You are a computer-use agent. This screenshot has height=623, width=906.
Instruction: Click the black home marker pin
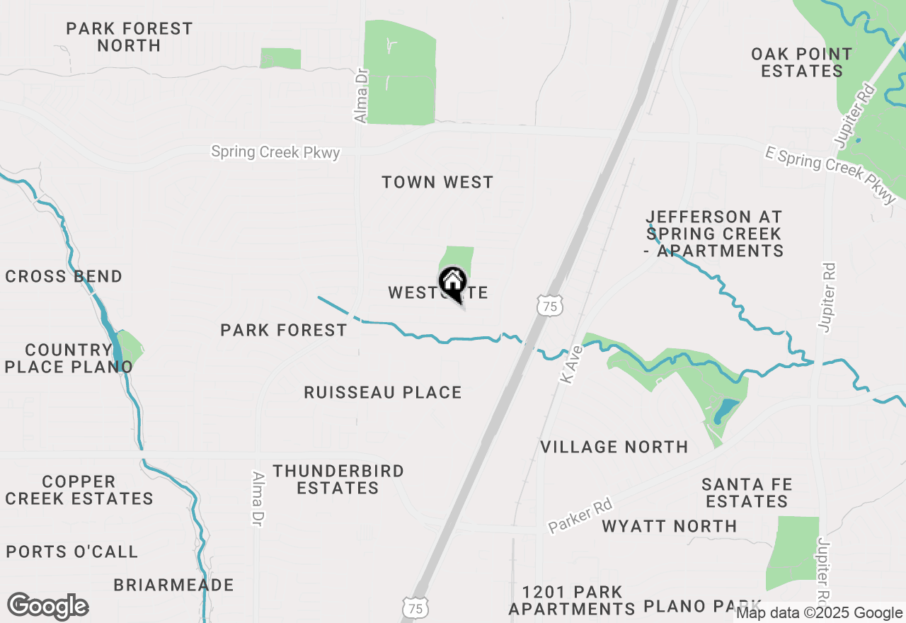[x=453, y=284]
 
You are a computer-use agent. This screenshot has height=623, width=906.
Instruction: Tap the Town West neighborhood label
[x=437, y=183]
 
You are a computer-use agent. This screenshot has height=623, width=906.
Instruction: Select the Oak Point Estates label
[x=801, y=62]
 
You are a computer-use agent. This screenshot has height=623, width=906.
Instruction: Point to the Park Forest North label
[x=130, y=37]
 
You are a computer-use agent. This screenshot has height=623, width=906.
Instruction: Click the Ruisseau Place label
[x=383, y=393]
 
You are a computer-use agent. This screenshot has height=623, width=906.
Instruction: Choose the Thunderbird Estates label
[x=338, y=479]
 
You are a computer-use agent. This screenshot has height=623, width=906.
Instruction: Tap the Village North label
[x=614, y=447]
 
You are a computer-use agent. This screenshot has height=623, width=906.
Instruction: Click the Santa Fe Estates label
[x=747, y=493]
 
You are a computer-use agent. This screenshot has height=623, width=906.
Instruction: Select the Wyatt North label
[x=670, y=526]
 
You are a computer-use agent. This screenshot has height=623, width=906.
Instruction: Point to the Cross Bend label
[x=64, y=276]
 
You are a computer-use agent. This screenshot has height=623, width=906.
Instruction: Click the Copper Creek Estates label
[x=79, y=490]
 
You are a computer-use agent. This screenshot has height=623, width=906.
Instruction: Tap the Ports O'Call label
[x=72, y=551]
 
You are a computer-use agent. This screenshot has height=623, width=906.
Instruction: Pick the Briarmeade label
[x=174, y=585]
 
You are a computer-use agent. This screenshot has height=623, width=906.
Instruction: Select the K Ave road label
[x=571, y=365]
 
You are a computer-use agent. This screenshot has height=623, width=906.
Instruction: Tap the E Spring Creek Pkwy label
[x=831, y=173]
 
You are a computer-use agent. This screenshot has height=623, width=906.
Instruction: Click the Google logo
[x=47, y=607]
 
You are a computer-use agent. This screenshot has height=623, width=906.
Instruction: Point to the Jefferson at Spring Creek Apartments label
[x=713, y=234]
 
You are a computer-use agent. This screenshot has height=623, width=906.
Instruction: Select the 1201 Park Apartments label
[x=572, y=600]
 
